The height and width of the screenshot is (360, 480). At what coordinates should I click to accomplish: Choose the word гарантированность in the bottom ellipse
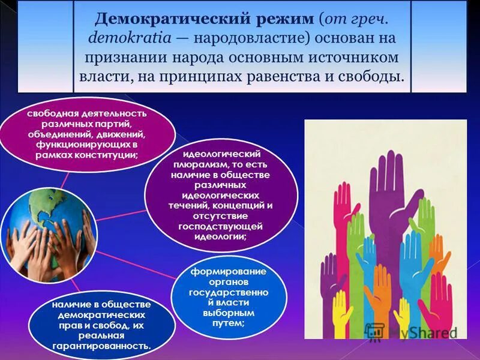tap(102, 346)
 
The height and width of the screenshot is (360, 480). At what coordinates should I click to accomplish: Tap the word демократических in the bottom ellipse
tap(102, 314)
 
